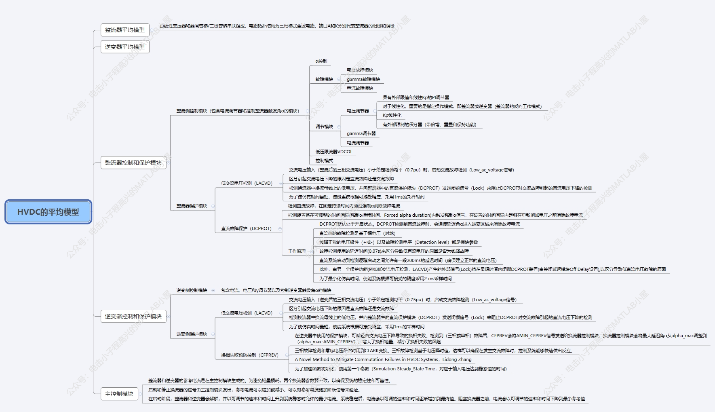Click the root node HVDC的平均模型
click(48, 212)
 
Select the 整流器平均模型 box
click(124, 30)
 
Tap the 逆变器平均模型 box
click(124, 47)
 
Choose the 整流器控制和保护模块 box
click(133, 163)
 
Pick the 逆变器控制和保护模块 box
click(133, 316)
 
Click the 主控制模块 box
click(119, 394)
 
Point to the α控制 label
click(321, 61)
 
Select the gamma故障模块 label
click(363, 79)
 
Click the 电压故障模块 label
click(360, 70)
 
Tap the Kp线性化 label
click(392, 116)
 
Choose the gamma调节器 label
click(361, 133)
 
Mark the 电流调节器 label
click(358, 143)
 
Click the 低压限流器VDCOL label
click(334, 152)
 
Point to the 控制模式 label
click(324, 161)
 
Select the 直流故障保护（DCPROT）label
click(246, 228)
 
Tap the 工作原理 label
click(297, 251)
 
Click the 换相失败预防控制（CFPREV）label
click(249, 355)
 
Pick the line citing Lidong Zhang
click(383, 359)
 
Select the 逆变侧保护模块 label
click(192, 334)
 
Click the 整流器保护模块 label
click(192, 206)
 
